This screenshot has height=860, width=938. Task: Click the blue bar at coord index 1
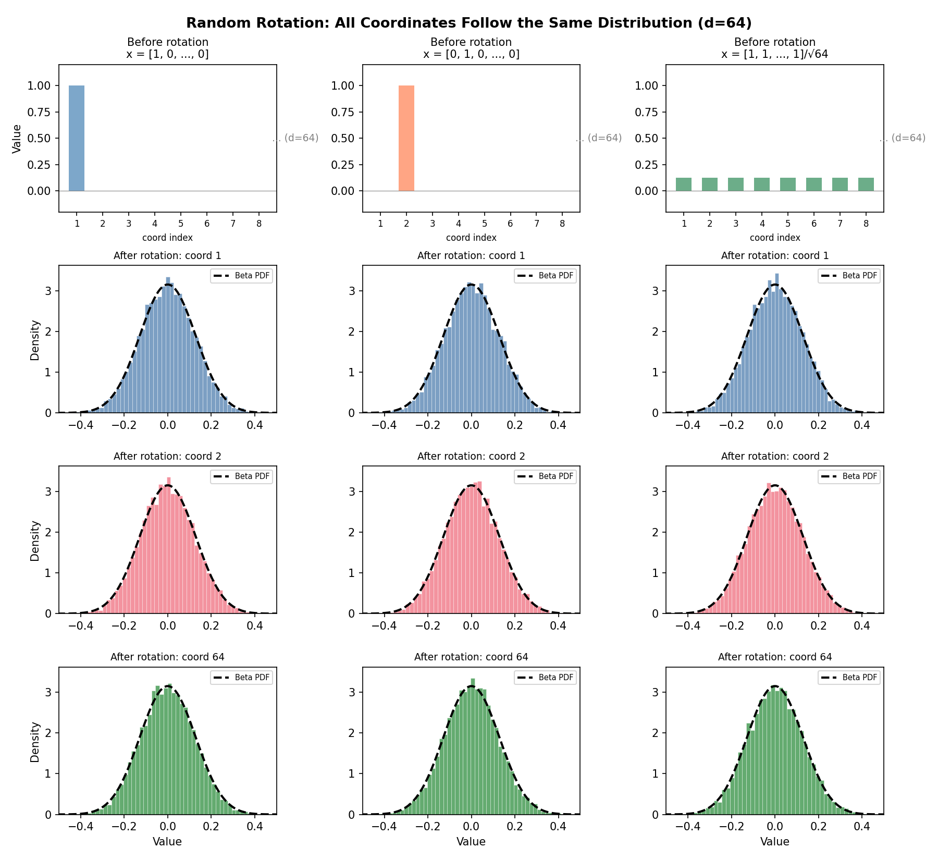[77, 138]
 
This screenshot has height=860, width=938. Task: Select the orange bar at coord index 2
[406, 138]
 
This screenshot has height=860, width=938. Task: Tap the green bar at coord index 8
[866, 185]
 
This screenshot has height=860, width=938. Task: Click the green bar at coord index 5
[787, 185]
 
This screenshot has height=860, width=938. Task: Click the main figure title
[468, 23]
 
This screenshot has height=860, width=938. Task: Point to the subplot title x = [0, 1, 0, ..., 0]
[471, 54]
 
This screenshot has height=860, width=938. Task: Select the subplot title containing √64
[774, 54]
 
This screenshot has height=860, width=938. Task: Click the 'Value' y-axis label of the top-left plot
[17, 139]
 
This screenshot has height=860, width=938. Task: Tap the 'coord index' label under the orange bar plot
[471, 238]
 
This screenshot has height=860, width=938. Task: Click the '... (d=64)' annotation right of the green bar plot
[903, 138]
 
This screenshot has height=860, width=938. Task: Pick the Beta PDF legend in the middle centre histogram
[545, 476]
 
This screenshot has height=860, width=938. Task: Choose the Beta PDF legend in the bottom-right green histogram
[849, 677]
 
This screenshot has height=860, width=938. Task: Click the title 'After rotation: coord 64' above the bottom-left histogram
[167, 657]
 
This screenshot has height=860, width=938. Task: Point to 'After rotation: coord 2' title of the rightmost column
[774, 456]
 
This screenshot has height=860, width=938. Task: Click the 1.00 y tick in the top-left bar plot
[40, 85]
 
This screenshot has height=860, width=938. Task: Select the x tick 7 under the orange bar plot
[536, 224]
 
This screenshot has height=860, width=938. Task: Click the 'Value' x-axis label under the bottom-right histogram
[774, 841]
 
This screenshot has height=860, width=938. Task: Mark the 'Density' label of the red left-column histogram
[35, 540]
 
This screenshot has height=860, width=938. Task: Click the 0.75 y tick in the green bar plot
[647, 112]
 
